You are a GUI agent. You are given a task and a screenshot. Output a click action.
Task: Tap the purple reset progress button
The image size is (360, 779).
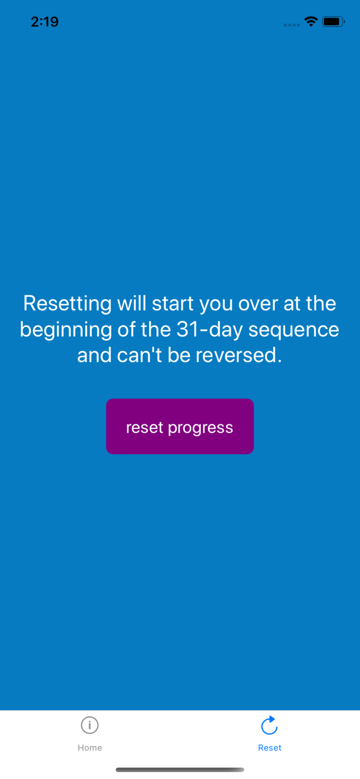180,426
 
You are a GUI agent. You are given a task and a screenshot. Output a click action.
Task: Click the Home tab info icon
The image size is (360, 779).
90,725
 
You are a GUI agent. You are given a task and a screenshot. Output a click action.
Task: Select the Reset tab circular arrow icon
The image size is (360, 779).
269,725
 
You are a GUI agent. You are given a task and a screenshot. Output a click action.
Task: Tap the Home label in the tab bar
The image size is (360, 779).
90,747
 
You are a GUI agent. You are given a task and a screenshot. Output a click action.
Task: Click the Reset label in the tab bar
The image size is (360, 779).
270,747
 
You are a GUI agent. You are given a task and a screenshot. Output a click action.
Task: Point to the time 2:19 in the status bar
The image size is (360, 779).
45,22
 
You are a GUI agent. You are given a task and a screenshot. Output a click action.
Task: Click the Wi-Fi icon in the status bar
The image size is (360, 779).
311,21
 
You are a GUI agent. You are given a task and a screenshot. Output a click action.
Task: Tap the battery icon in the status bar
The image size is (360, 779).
334,21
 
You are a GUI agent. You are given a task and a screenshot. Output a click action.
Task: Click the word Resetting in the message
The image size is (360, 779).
67,304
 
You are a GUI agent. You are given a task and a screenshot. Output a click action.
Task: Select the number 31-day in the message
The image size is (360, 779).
210,329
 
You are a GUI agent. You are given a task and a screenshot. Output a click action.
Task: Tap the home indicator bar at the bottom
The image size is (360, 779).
180,770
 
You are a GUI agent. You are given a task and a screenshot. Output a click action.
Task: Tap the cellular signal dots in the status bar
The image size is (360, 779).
292,25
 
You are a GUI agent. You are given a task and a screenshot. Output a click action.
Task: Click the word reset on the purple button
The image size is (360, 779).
144,427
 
